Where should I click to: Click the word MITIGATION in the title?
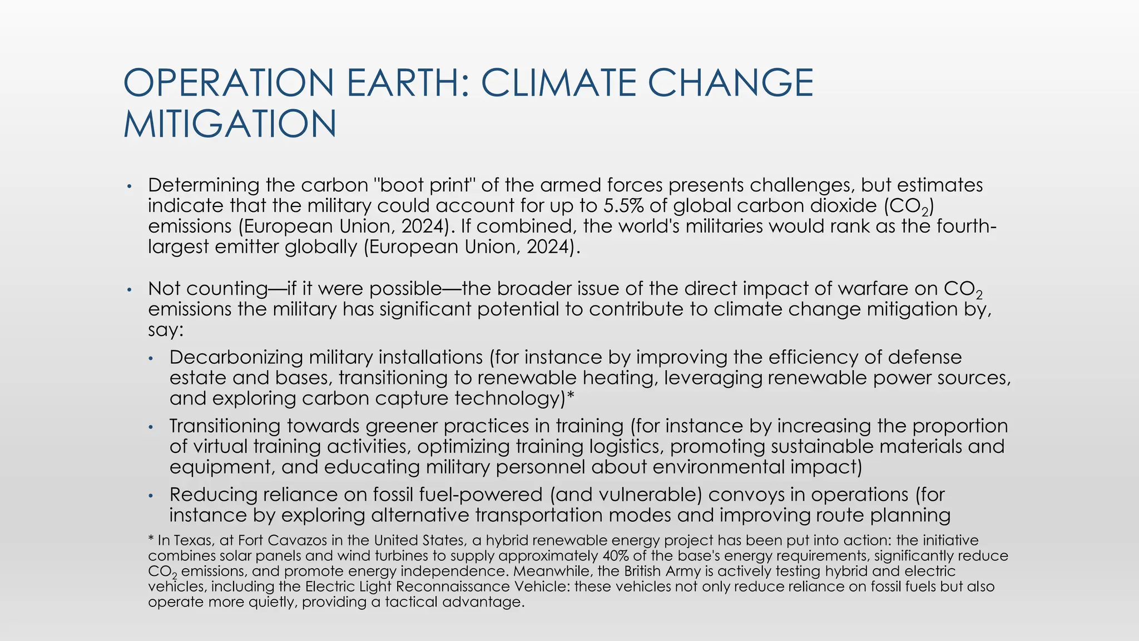pyautogui.click(x=230, y=124)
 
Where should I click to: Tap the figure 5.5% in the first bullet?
pyautogui.click(x=623, y=206)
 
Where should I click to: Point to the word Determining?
pyautogui.click(x=204, y=185)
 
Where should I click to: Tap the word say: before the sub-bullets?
pyautogui.click(x=166, y=331)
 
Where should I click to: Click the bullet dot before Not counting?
pyautogui.click(x=128, y=289)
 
